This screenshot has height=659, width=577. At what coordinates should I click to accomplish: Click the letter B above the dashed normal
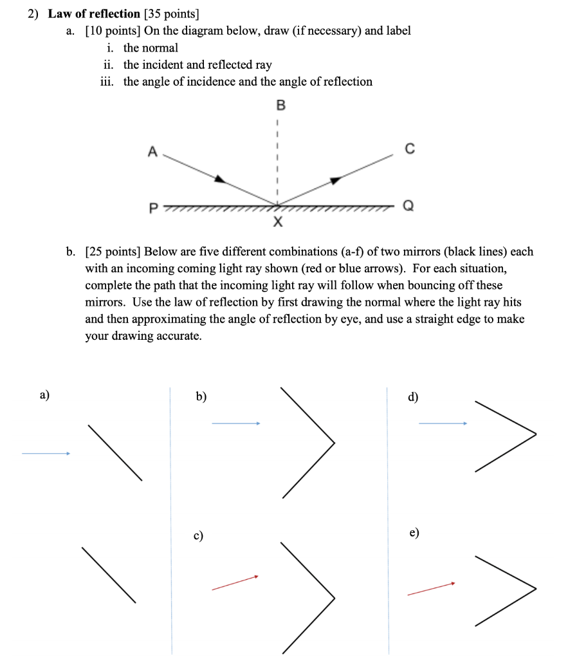point(279,105)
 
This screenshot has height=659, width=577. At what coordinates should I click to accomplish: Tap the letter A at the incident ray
point(152,151)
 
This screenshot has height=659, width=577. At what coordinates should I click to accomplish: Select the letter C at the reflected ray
point(410,149)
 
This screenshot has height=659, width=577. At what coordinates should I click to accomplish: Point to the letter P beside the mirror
point(152,208)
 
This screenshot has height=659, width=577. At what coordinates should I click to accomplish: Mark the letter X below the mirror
point(278,223)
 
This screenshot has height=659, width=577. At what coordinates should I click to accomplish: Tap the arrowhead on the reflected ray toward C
point(333,181)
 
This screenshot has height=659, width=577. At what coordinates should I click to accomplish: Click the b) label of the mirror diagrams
point(201,396)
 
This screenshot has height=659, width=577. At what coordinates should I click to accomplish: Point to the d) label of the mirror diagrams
point(413,396)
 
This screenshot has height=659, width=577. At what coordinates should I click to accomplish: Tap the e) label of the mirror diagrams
point(414,533)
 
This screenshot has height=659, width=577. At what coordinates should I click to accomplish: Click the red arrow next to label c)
point(235,582)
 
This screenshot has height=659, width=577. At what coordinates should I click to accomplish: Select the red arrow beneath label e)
point(431,589)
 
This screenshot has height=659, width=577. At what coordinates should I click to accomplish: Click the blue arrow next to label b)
point(235,423)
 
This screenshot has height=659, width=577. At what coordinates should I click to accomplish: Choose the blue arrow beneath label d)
point(443,423)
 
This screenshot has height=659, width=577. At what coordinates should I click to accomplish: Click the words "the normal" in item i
point(151,48)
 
